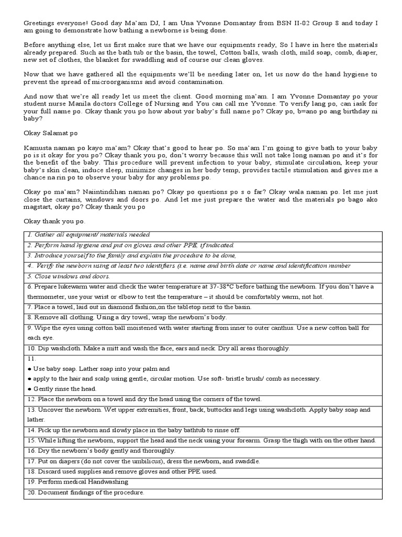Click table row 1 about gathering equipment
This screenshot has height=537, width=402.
(x=89, y=235)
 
